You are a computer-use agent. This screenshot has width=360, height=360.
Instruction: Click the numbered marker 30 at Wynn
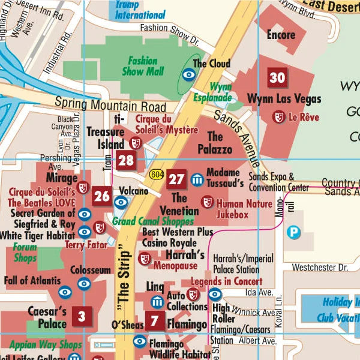(277, 77)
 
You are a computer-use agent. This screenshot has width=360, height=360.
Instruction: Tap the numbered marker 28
(126, 160)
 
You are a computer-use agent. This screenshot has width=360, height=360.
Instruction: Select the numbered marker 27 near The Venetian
(176, 179)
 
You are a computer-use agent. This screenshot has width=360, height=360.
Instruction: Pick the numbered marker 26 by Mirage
(102, 196)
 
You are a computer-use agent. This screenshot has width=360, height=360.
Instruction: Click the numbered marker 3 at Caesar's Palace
(82, 316)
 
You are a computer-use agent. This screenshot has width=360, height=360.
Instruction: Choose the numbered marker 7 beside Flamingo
(154, 320)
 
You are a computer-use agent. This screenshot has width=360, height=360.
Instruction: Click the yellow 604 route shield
(157, 174)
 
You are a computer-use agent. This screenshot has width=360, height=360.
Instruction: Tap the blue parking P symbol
(293, 232)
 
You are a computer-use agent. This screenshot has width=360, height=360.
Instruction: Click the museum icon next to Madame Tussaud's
(197, 179)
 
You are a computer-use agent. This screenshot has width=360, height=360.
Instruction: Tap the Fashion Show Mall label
(142, 66)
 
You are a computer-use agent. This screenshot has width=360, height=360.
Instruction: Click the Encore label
(281, 35)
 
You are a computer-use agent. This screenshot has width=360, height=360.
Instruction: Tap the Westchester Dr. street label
(320, 266)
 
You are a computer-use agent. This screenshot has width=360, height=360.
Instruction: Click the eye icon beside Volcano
(121, 202)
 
